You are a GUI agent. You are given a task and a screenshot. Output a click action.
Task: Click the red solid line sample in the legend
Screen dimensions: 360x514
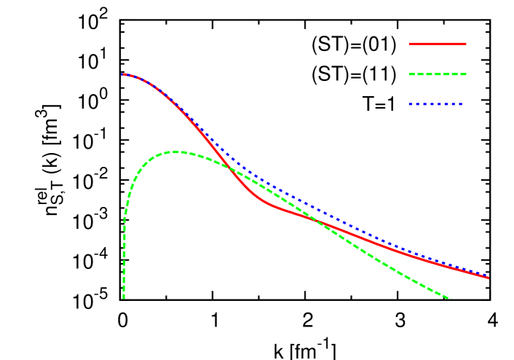[x=438, y=44]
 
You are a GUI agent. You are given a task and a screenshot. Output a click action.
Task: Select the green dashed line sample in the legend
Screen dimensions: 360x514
[x=438, y=74]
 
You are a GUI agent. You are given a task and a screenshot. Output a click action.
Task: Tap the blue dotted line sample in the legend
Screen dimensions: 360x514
[x=436, y=104]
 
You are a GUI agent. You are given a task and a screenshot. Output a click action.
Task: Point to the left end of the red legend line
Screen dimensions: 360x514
[x=410, y=44]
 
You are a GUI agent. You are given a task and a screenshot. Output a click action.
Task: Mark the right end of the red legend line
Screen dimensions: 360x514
[x=465, y=44]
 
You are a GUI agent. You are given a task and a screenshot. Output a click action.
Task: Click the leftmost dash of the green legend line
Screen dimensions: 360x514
[x=413, y=74]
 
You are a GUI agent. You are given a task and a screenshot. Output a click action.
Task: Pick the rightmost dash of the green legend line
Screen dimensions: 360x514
[x=462, y=74]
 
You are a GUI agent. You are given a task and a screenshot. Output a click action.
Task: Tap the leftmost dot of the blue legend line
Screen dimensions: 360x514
[x=411, y=104]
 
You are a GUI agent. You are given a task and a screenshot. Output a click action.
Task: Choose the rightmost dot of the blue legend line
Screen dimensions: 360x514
[x=461, y=104]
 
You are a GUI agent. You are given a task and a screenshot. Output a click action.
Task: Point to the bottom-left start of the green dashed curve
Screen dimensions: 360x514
[x=124, y=297]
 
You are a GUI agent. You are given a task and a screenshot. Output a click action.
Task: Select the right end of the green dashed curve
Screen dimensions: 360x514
[x=450, y=298]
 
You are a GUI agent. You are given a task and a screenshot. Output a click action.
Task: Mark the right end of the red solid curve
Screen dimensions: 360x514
[x=488, y=278]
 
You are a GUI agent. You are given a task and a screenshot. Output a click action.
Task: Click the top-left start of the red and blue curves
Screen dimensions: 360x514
[x=122, y=74]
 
